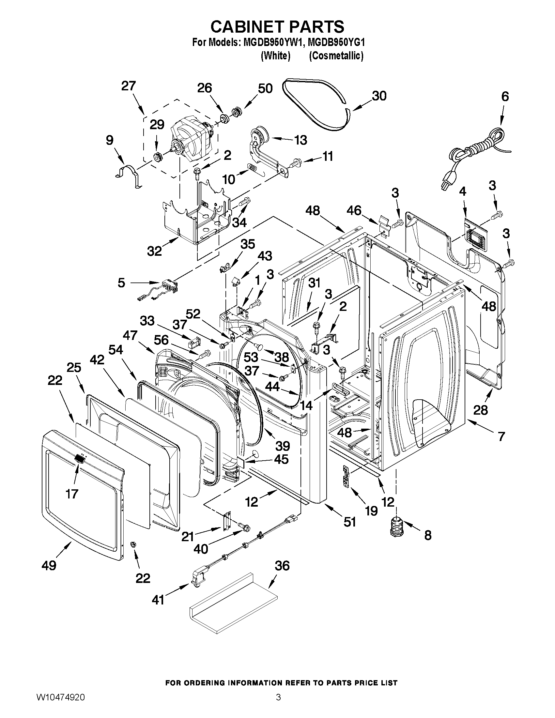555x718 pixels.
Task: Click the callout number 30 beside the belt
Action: point(379,96)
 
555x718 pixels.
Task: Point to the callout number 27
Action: point(128,86)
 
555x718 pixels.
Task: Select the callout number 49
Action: point(49,565)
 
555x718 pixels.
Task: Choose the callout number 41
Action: point(158,600)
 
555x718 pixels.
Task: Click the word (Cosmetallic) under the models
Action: point(336,56)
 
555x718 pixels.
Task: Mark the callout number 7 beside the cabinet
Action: point(501,436)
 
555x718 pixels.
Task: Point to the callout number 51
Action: point(350,522)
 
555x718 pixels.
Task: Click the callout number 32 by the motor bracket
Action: point(154,251)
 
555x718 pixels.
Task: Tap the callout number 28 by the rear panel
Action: point(480,410)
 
